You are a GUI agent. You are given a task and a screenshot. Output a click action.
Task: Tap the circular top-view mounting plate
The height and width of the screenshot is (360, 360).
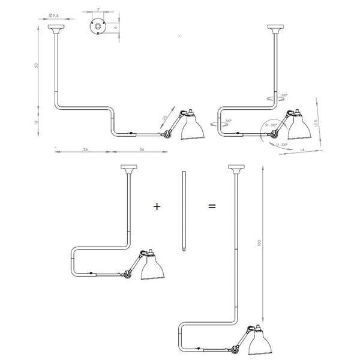tap(96, 27)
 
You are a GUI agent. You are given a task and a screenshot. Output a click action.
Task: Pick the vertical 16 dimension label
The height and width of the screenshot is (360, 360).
tap(37, 122)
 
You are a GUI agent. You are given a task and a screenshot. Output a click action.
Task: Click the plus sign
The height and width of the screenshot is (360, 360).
tap(157, 206)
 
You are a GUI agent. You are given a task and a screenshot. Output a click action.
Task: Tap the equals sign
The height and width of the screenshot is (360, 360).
tap(212, 206)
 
